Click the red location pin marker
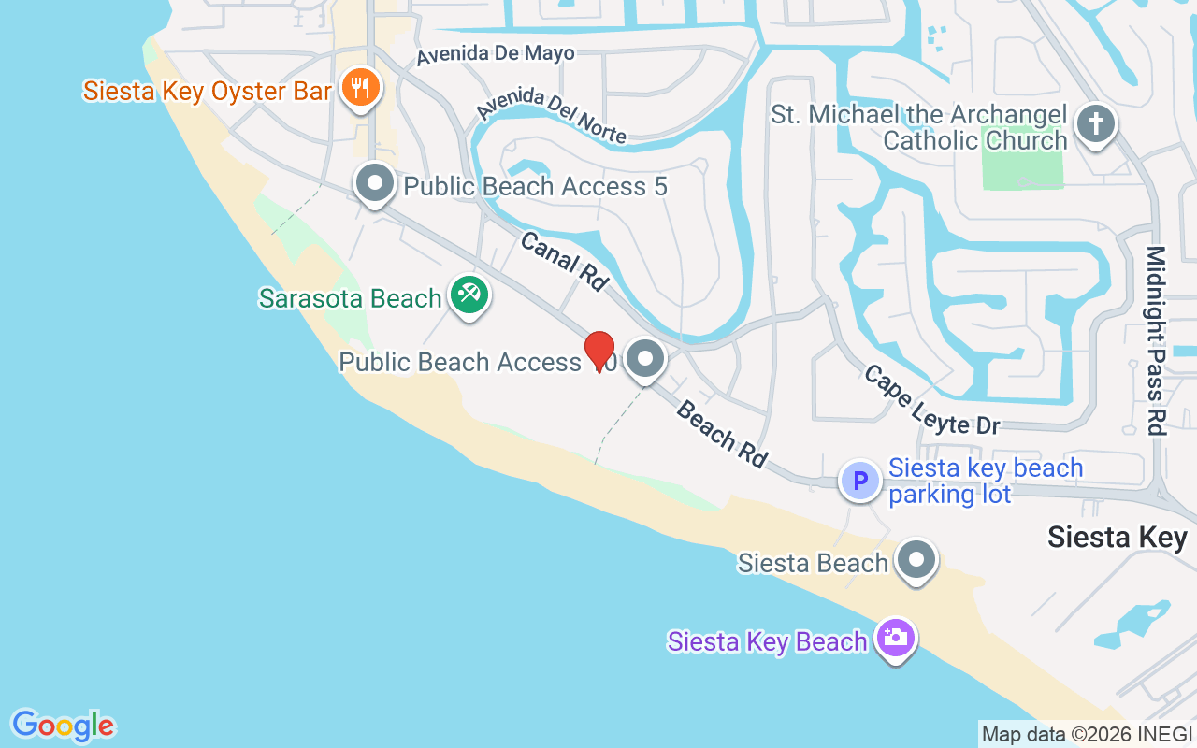(599, 351)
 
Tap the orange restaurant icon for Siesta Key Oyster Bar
(359, 88)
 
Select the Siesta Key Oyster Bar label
(208, 91)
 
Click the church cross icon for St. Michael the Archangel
(1096, 123)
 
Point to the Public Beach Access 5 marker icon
(375, 183)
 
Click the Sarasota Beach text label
(350, 298)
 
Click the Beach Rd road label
(722, 433)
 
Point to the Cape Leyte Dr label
(931, 400)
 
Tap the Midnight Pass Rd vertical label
(1157, 340)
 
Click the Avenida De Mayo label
(496, 54)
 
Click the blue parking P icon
(859, 481)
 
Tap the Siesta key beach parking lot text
(986, 481)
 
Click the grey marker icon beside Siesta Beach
(916, 560)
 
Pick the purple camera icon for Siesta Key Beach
(895, 638)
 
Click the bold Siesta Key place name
(1117, 538)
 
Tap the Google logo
(64, 726)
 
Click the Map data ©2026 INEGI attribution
(1087, 734)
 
